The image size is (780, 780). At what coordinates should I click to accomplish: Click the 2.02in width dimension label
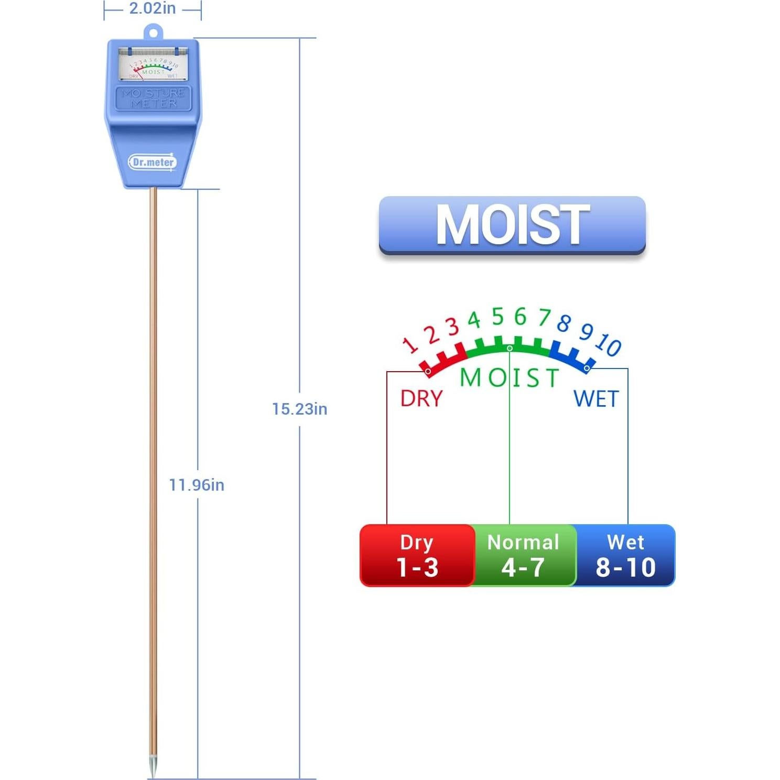coord(152,9)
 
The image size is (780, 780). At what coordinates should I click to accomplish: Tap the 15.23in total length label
coord(299,409)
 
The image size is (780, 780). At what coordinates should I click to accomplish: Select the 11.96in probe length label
coord(197,485)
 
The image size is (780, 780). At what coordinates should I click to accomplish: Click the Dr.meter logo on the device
coord(153,162)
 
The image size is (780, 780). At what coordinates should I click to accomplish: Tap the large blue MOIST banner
coord(512,225)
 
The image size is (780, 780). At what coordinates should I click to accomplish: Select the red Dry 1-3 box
coord(417,555)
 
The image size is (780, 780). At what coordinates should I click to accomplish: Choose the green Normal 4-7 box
coord(523,555)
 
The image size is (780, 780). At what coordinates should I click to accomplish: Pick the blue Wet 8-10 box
coord(625,555)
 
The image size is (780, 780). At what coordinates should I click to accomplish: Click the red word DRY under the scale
coord(421,399)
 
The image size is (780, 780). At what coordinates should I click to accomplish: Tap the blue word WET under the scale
coord(596,399)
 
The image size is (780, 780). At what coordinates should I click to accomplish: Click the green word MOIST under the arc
coord(509,377)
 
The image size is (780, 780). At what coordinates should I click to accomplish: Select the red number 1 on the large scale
coord(410,344)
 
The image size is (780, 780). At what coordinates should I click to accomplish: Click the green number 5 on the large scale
coord(497,317)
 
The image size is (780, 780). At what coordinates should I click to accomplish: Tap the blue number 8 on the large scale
coord(564,323)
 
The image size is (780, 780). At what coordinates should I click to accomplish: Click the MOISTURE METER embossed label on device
coord(153,98)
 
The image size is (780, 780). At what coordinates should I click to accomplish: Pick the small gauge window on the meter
coord(153,64)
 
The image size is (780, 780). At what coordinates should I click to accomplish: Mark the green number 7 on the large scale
coord(545,318)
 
